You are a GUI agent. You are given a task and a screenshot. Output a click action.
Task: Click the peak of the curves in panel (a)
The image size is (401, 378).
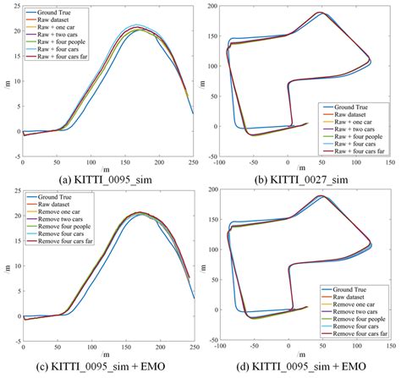tap(141, 28)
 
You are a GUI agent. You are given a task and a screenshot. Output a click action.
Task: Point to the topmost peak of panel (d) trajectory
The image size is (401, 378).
tap(321, 196)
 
